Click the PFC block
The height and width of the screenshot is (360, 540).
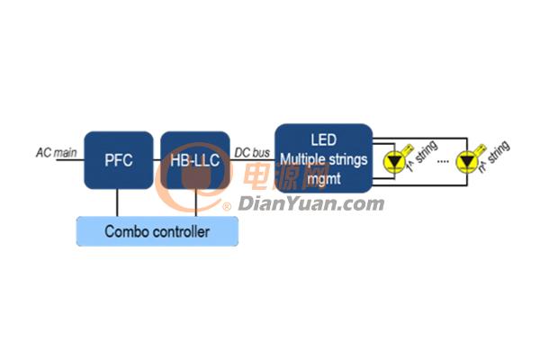(x=119, y=160)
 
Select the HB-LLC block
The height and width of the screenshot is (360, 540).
(x=195, y=160)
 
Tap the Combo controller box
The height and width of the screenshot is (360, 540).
(x=157, y=231)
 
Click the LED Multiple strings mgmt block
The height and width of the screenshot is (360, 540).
(x=324, y=158)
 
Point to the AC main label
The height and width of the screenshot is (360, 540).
(x=56, y=152)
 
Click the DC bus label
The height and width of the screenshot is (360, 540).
(x=252, y=153)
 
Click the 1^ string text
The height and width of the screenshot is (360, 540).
(x=422, y=156)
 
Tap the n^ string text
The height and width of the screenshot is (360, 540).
(x=494, y=156)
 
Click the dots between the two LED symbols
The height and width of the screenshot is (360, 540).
(x=443, y=161)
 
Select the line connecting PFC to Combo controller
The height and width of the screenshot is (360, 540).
(x=117, y=202)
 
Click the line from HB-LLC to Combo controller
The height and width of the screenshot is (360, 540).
(x=195, y=202)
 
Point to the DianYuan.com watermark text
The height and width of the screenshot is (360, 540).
(x=311, y=203)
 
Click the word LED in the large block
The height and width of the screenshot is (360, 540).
(x=324, y=139)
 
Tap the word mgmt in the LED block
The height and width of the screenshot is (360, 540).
(x=324, y=179)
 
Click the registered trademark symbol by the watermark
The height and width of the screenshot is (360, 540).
(x=227, y=207)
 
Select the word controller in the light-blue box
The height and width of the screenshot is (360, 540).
(x=181, y=231)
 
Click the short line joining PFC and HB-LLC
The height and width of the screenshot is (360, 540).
(x=157, y=160)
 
